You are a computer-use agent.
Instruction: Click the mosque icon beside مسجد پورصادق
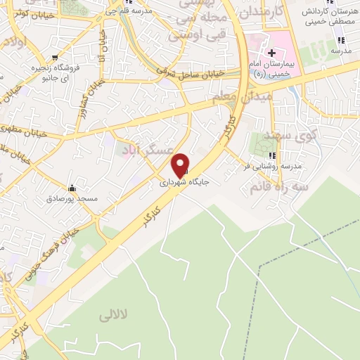(x=71, y=188)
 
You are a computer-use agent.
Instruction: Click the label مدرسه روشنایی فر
(x=273, y=166)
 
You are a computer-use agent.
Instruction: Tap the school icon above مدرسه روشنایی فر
(x=273, y=154)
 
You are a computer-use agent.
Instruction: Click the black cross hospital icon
(x=272, y=53)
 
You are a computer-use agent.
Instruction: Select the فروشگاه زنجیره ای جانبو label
(x=53, y=72)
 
